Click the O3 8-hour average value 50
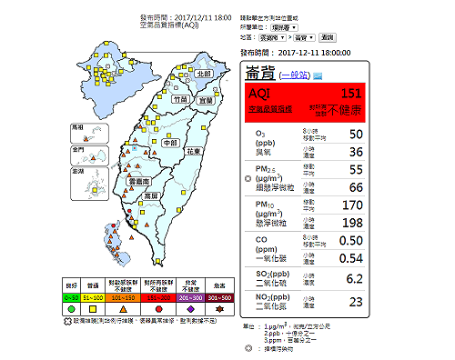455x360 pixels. [355, 135]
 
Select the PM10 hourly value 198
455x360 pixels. [351, 223]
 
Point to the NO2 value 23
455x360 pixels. [356, 303]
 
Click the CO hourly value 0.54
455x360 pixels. [350, 258]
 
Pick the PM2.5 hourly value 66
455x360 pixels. [355, 187]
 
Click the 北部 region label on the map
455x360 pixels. [205, 73]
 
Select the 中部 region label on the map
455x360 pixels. [170, 143]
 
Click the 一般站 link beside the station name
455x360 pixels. [295, 75]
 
